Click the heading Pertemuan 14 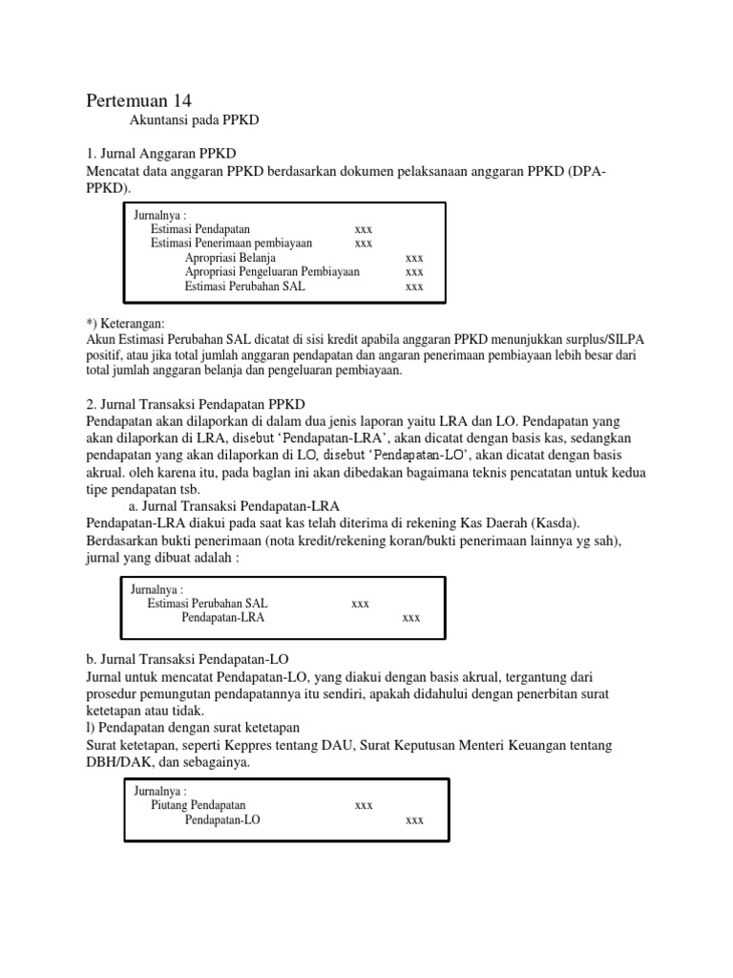tap(145, 100)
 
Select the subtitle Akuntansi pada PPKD tap(195, 121)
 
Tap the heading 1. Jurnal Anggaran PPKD tap(161, 154)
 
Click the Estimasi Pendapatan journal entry tap(199, 229)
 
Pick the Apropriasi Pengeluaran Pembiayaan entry tap(272, 272)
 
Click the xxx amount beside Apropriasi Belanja tap(414, 258)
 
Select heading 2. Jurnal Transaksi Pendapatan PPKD tap(196, 404)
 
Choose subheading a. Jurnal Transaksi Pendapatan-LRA tap(234, 505)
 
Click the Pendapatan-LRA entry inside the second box tap(222, 618)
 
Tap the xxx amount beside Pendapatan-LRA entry tap(411, 618)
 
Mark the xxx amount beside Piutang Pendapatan tap(364, 805)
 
